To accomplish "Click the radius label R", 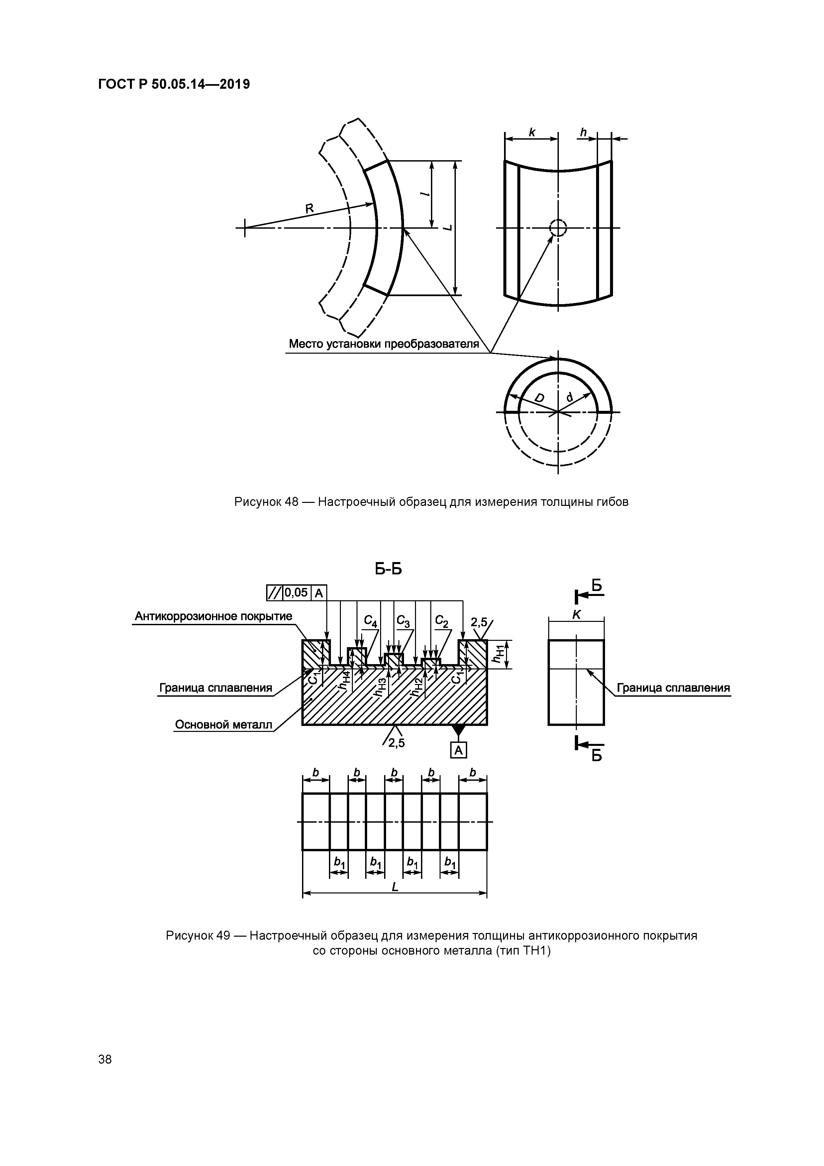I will pos(309,208).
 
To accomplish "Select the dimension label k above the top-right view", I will pos(532,133).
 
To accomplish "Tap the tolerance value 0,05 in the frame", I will pos(296,592).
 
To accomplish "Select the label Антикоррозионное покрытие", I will pos(213,616).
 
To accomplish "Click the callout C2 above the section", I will pos(442,621).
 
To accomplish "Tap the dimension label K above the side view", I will pos(576,615).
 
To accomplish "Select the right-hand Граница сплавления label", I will pos(673,688).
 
